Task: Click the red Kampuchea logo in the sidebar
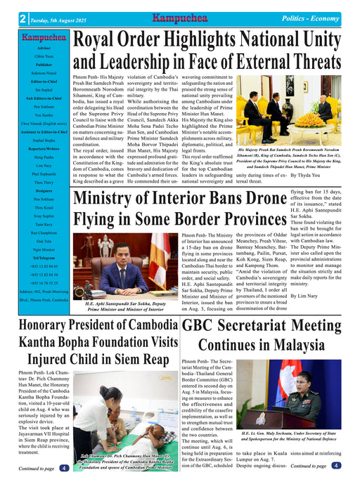44,37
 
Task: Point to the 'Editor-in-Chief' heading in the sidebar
44,81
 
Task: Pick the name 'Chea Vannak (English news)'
44,142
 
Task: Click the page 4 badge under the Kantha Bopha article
64,468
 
